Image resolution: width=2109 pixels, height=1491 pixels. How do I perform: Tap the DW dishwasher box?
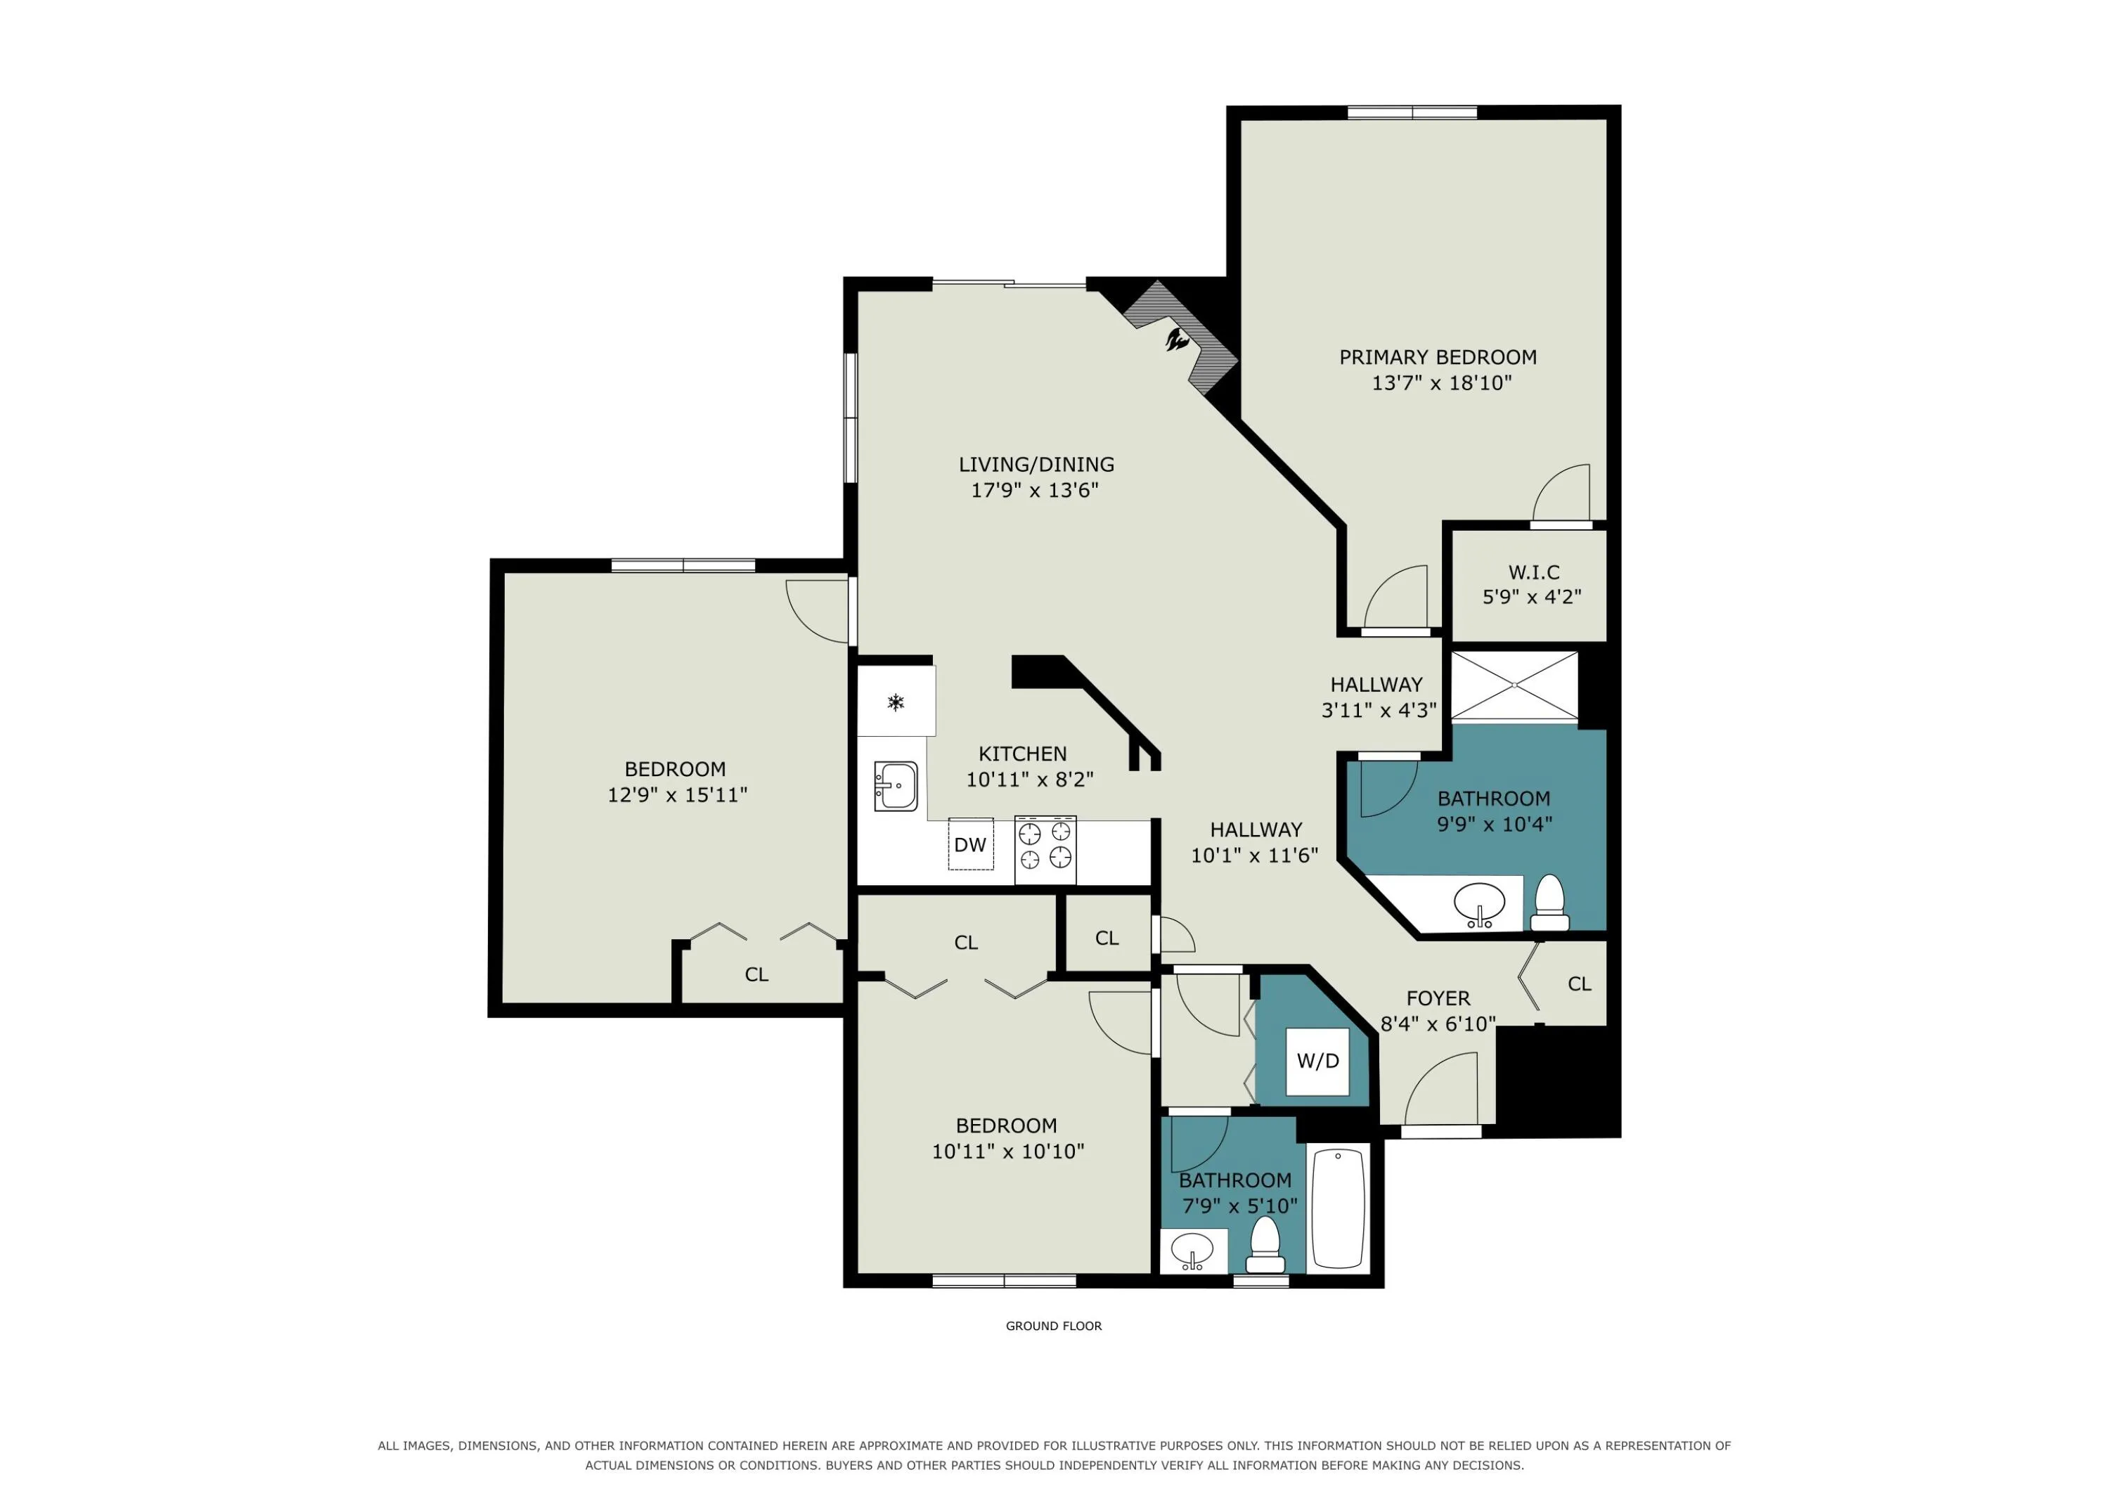coord(970,844)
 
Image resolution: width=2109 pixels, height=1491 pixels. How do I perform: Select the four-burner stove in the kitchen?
coord(1045,849)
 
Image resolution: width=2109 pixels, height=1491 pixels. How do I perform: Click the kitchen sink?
coord(895,787)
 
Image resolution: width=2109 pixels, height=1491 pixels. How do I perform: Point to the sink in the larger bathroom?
coord(1480,904)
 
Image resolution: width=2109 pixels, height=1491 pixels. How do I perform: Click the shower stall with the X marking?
coord(1514,685)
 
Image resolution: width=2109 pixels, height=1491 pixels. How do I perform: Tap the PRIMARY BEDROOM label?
coord(1438,357)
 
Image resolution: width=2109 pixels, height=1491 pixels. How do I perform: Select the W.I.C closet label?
coord(1534,572)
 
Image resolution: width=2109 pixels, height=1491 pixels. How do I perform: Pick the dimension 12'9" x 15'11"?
coord(677,794)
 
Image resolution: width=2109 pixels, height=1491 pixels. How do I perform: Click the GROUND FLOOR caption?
coord(1054,1326)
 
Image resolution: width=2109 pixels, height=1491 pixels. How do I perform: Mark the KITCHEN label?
coord(1022,754)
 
